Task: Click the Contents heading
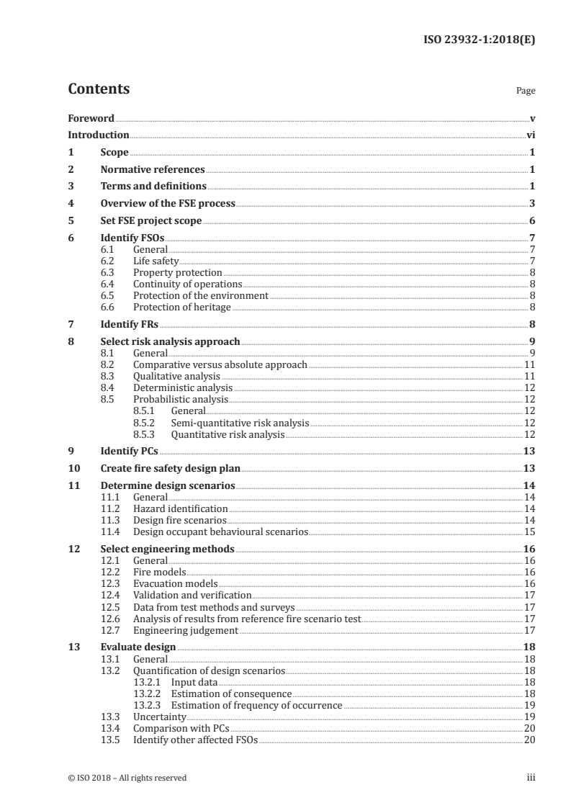(x=99, y=89)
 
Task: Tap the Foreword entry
(x=91, y=118)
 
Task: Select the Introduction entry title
(x=98, y=135)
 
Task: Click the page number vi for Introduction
(x=530, y=135)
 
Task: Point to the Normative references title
(x=153, y=170)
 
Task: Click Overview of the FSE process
(x=168, y=203)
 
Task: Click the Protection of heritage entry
(x=182, y=307)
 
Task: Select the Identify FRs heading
(x=129, y=324)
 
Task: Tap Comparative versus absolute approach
(x=220, y=364)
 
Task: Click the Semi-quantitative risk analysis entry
(x=240, y=422)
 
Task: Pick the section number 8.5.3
(x=146, y=434)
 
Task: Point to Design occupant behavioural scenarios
(x=220, y=531)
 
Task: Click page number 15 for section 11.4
(x=529, y=531)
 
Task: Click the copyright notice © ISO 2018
(x=127, y=777)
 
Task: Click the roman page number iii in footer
(x=531, y=777)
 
